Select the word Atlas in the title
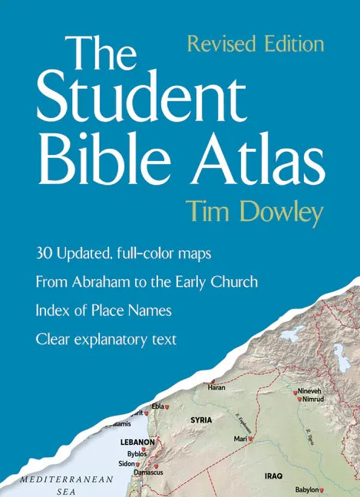click(253, 160)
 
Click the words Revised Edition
click(255, 44)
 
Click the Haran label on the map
click(217, 388)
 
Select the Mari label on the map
click(241, 439)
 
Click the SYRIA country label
click(201, 420)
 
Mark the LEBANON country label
click(138, 443)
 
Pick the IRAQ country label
click(273, 476)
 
